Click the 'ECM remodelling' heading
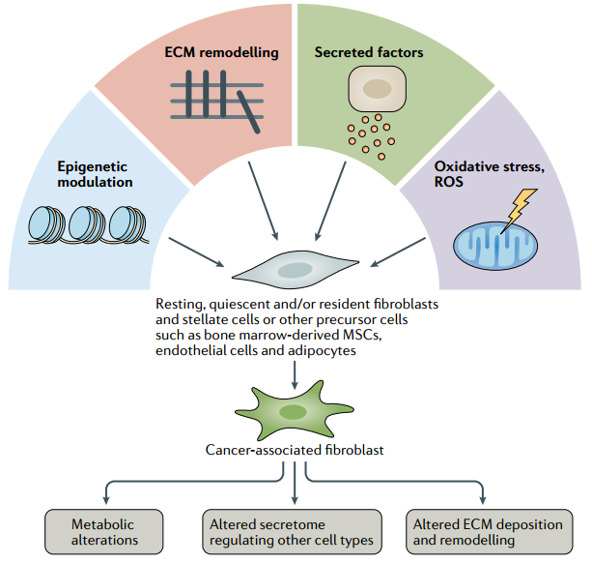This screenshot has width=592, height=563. (221, 52)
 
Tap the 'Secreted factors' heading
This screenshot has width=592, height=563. (369, 52)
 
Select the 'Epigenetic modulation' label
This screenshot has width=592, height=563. (95, 174)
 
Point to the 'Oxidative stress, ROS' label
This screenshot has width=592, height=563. (490, 174)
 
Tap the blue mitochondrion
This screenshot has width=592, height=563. (495, 246)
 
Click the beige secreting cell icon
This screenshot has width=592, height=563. (378, 89)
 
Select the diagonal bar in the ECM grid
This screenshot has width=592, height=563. (248, 112)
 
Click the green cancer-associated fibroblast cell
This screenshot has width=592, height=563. (295, 410)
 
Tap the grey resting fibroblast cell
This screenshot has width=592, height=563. (296, 270)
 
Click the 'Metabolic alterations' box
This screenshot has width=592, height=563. (104, 532)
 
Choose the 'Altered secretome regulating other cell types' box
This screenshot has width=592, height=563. (292, 532)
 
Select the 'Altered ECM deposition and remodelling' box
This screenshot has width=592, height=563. (490, 532)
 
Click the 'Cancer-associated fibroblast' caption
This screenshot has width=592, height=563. (295, 450)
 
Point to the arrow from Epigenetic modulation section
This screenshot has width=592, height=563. (196, 252)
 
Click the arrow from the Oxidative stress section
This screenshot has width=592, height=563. (398, 252)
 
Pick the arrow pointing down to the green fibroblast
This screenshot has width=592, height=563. (295, 375)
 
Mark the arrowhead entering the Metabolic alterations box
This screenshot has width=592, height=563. (106, 500)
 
